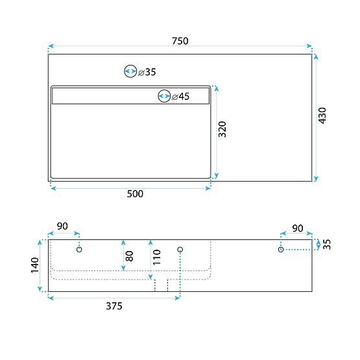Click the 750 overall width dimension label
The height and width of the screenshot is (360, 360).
tap(180, 41)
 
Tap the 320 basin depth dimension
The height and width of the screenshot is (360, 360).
tap(222, 130)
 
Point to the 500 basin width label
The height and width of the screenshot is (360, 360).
tap(134, 193)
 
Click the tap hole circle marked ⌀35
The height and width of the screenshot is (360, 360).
tap(130, 72)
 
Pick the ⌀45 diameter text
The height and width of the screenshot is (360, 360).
tap(181, 97)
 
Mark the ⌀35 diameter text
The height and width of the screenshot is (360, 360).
tap(147, 72)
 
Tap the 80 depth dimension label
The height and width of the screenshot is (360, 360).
tap(129, 255)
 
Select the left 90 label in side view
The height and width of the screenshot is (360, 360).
tap(62, 226)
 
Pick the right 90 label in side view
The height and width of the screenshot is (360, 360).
tap(297, 228)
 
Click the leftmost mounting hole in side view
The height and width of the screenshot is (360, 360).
tap(79, 250)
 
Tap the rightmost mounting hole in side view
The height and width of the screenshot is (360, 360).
tap(281, 250)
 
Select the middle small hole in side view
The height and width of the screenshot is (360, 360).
tap(180, 250)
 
